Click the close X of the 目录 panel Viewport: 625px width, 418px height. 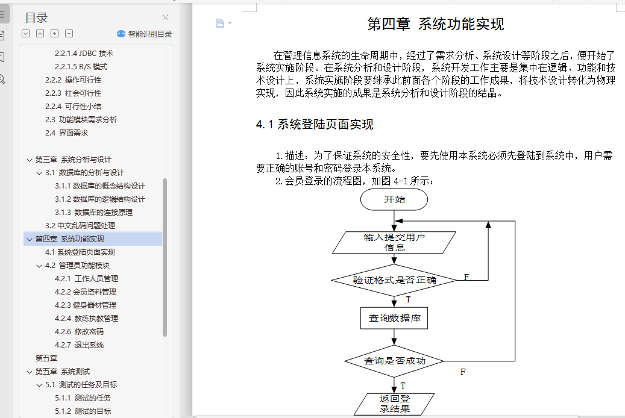click(x=165, y=17)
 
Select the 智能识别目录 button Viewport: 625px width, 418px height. click(x=144, y=34)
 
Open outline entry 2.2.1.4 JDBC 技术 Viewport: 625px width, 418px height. click(x=84, y=54)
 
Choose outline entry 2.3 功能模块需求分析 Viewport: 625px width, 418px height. click(x=81, y=119)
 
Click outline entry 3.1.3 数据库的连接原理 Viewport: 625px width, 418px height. click(x=93, y=213)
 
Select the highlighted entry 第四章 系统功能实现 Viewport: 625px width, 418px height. click(x=70, y=239)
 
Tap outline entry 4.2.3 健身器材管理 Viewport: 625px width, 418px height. click(x=86, y=305)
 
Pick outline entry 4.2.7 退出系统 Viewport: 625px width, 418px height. click(x=80, y=345)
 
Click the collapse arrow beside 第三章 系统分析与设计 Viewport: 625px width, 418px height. click(x=29, y=160)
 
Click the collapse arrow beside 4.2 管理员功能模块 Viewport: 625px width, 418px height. click(x=39, y=266)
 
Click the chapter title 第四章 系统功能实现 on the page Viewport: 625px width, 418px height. click(x=436, y=24)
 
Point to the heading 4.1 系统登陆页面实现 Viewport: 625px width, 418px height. click(x=315, y=124)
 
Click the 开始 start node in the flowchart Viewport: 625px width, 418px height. click(x=394, y=199)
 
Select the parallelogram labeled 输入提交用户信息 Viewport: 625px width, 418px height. click(x=394, y=242)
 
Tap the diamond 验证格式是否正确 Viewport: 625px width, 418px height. click(x=394, y=280)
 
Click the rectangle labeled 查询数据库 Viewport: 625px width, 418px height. click(x=394, y=318)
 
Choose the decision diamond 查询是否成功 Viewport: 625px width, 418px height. click(x=394, y=361)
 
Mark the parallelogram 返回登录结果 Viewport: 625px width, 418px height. click(x=394, y=404)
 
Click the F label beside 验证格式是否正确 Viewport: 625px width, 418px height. click(x=466, y=277)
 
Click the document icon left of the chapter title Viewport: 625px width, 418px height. click(x=220, y=23)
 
